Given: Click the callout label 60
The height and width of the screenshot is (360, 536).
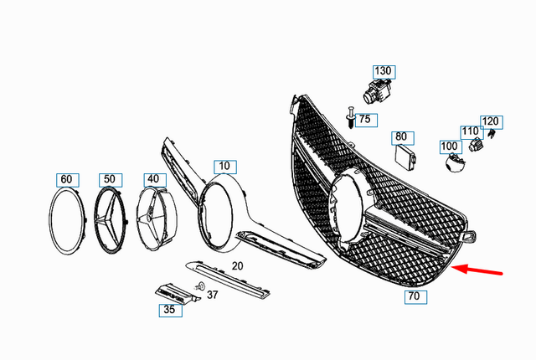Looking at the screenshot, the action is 66,179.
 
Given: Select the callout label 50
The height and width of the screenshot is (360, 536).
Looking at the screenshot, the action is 109,179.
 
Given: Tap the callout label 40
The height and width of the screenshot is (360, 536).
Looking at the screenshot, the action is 152,179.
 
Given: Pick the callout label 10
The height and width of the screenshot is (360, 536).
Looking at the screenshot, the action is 223,166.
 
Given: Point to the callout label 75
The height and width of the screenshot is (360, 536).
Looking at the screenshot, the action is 363,120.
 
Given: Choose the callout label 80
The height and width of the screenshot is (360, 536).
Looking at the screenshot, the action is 401,136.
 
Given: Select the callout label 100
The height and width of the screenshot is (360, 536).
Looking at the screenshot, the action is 450,147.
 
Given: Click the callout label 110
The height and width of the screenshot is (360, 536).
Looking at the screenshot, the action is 470,131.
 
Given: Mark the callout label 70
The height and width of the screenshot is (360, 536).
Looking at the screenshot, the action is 413,296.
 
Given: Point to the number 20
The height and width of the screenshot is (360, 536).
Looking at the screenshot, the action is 237,265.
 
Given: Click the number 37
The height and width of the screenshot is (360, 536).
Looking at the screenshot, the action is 213,294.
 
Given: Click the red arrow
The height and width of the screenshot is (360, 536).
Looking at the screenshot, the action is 477,270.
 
